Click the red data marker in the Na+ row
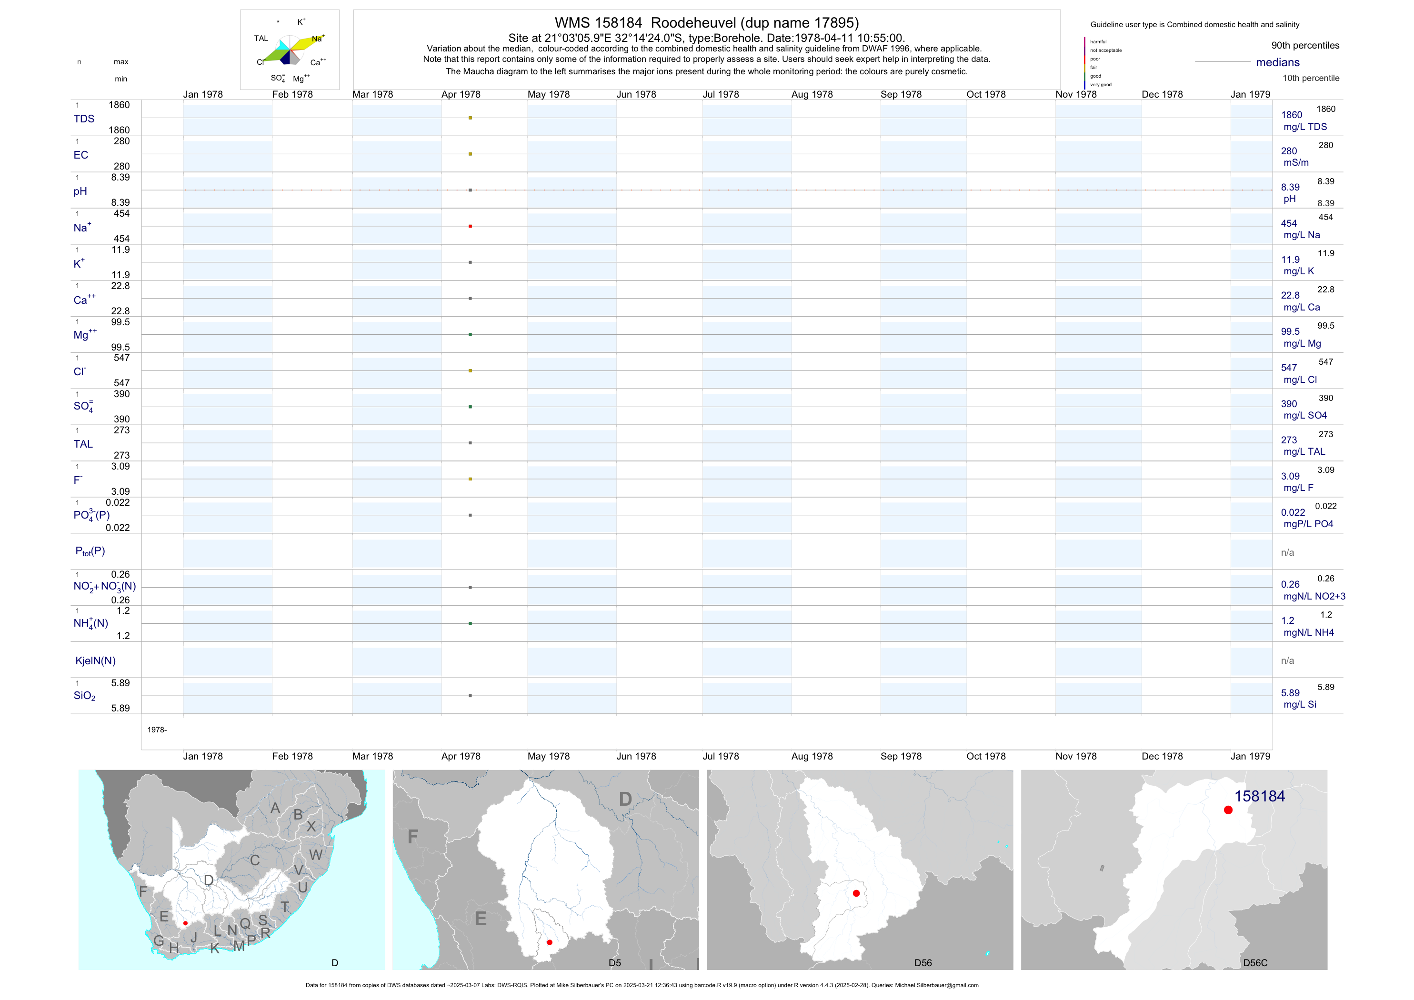pos(470,226)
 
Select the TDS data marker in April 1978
pos(470,118)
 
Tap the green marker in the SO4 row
pos(470,407)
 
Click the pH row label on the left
pos(80,191)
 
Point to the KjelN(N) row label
pos(95,661)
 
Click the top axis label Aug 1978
pos(812,94)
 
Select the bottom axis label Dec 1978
pos(1162,756)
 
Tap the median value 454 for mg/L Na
pos(1289,223)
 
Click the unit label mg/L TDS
pos(1305,127)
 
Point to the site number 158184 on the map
pos(1259,796)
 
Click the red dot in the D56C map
pos(1228,810)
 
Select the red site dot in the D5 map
pos(549,943)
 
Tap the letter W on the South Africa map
pos(315,855)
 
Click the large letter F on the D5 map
pos(412,836)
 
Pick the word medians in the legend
pos(1278,62)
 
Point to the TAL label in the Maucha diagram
pos(261,38)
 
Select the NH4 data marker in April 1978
pos(470,624)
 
